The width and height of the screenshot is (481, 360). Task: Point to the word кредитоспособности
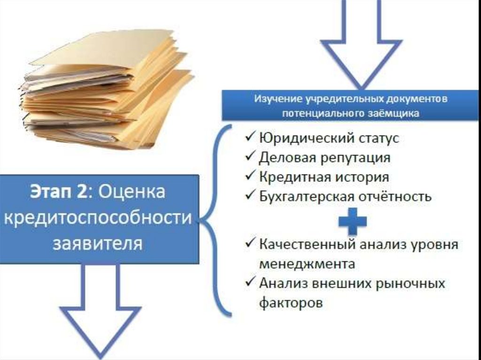coord(99,218)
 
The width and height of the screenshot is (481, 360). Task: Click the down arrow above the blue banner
coord(361,47)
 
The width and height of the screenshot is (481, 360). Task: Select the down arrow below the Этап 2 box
coord(100,314)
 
